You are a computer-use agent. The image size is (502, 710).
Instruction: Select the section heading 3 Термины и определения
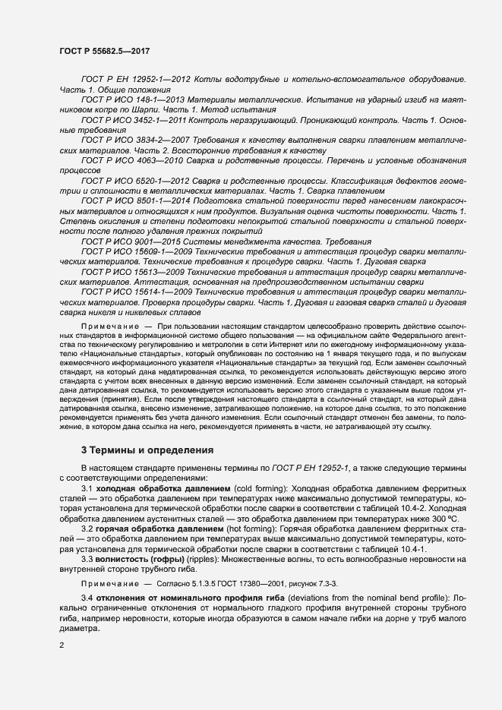pos(147,450)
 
